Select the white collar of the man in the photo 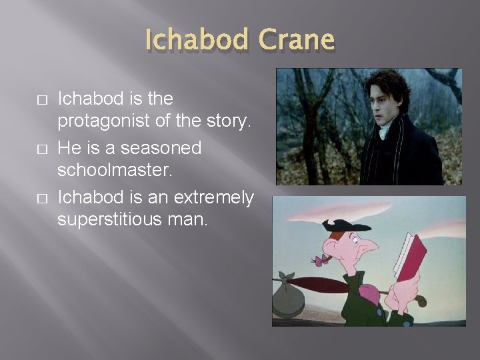tap(385, 132)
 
